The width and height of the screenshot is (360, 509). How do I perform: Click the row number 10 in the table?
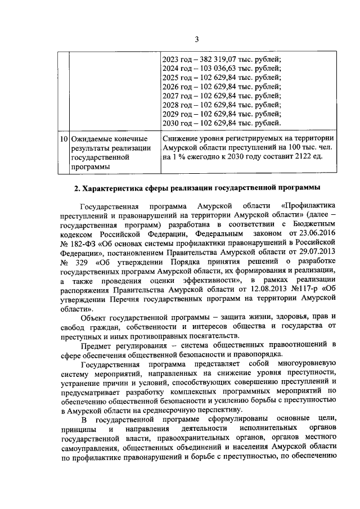pyautogui.click(x=64, y=138)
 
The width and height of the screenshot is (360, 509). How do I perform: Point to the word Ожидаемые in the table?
pyautogui.click(x=91, y=138)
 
